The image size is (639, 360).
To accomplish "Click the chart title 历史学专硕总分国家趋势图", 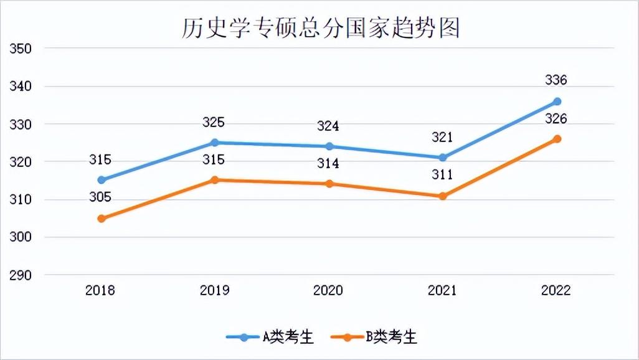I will [x=320, y=27].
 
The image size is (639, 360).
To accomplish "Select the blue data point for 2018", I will [x=102, y=180].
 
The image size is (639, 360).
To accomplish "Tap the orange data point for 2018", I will [x=102, y=219].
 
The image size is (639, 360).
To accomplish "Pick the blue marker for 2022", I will [x=557, y=102].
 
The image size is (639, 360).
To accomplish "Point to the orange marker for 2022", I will [x=557, y=139].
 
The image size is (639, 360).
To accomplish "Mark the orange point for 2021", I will [x=443, y=196].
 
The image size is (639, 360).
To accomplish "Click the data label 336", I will [x=556, y=80].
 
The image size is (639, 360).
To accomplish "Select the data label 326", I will [x=556, y=119].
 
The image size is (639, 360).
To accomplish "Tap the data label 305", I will [x=100, y=197].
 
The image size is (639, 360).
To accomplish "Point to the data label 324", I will [x=328, y=126].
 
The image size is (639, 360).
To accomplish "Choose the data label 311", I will [x=442, y=175].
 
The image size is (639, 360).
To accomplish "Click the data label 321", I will [x=442, y=138].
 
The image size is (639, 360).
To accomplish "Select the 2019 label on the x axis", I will [x=215, y=291].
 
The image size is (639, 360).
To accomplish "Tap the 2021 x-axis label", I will [x=443, y=291].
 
